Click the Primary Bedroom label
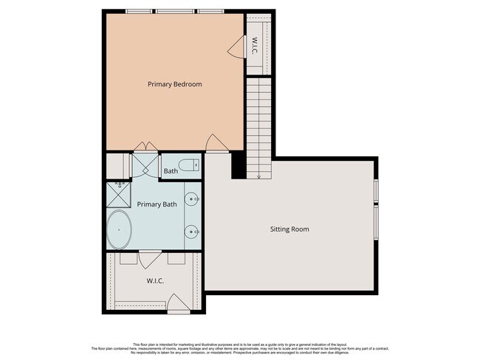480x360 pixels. tap(174, 84)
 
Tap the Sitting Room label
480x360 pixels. tap(289, 229)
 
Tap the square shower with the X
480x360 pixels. tap(117, 193)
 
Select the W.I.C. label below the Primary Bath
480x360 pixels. tap(154, 280)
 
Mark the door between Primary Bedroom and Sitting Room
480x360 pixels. tap(214, 143)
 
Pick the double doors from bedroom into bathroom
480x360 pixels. tap(143, 148)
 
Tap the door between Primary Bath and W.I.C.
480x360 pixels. tap(150, 258)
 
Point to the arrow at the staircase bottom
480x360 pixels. tap(259, 175)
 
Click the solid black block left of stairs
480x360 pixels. tap(239, 165)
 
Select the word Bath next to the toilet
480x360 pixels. tap(171, 171)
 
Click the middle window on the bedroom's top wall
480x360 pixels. tap(174, 11)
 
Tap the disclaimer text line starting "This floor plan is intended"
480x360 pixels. tap(240, 344)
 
